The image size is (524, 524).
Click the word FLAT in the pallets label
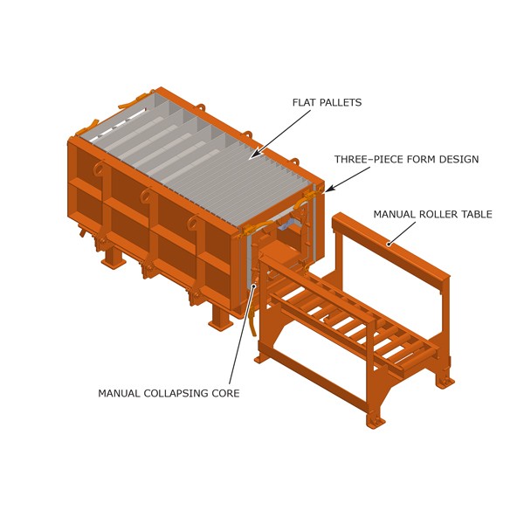point(303,102)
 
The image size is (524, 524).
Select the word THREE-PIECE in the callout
point(372,159)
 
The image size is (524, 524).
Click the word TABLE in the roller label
point(479,214)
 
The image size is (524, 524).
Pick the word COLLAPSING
point(176,393)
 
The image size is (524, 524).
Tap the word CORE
point(226,393)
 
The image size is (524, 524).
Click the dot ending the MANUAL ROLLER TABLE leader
point(389,245)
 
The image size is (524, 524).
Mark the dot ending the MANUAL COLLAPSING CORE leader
point(254,286)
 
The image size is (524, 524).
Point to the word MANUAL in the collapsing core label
point(119,393)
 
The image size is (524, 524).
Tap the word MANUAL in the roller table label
point(395,214)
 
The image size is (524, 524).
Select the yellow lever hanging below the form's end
point(253,321)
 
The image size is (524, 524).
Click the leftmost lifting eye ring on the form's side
point(99,168)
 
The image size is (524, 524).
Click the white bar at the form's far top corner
point(118,123)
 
